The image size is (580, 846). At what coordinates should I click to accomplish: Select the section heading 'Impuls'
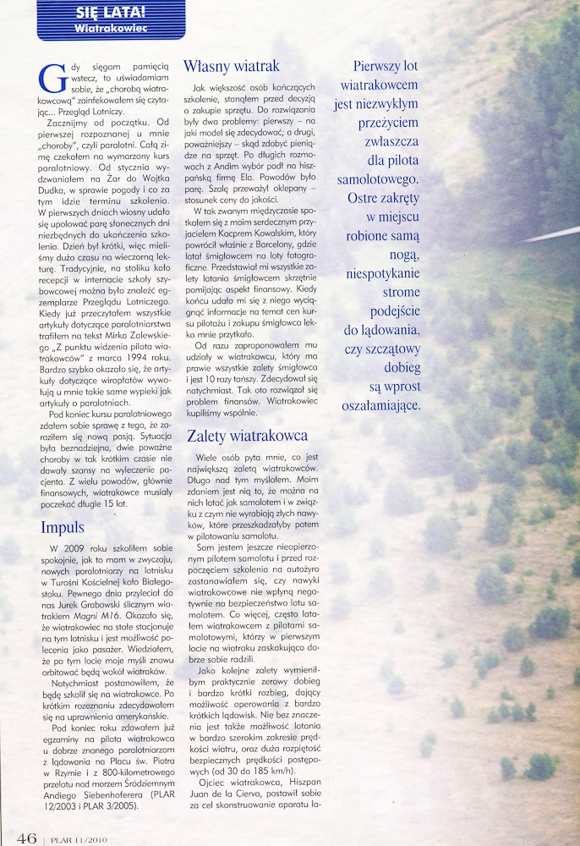63,527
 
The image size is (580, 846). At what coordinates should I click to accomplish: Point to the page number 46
25,838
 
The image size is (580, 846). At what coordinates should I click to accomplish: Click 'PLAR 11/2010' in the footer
77,838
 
